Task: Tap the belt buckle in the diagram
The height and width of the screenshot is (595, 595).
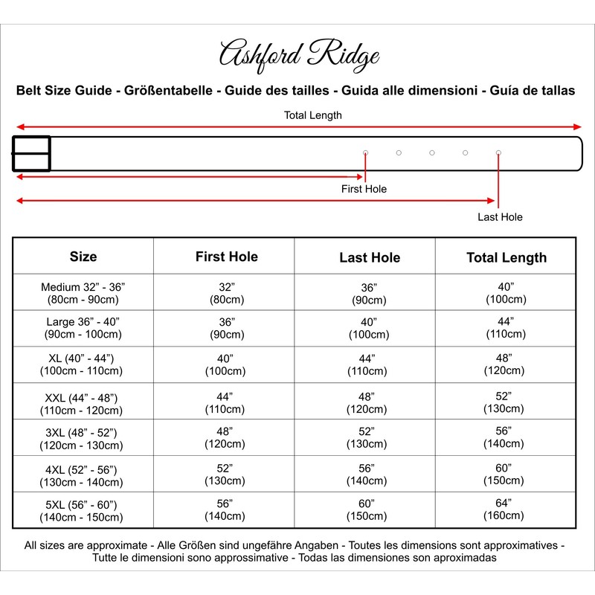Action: tap(31, 153)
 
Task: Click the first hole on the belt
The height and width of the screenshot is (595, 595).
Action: tap(365, 152)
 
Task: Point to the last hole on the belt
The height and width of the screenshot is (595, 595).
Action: tap(498, 152)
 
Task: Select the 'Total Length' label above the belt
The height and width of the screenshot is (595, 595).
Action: tap(313, 115)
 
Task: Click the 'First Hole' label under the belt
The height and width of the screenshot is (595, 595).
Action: tap(364, 189)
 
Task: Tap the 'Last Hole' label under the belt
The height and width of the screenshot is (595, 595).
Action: tap(500, 217)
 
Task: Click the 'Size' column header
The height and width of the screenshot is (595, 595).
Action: tap(83, 257)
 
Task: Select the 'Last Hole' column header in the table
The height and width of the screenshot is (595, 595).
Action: tap(370, 257)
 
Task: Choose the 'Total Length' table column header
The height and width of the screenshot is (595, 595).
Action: tap(506, 257)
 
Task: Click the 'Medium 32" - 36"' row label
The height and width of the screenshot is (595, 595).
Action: tap(83, 293)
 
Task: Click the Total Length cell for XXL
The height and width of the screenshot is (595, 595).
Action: tap(506, 401)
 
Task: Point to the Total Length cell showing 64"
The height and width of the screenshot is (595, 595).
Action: tap(506, 509)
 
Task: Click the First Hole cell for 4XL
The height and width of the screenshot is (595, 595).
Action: tap(225, 474)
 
